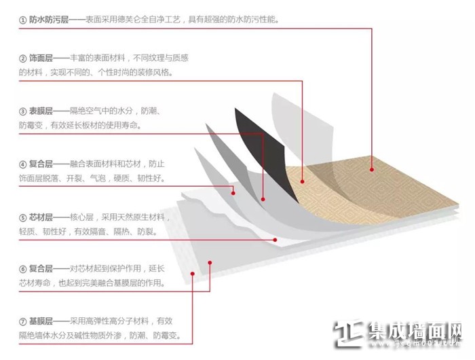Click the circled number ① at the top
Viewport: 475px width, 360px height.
[x=22, y=20]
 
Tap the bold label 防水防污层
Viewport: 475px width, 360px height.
[x=48, y=20]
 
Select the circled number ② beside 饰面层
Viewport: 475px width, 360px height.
[x=22, y=58]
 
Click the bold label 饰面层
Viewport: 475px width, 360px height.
[x=41, y=58]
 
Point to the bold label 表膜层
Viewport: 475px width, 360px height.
[x=41, y=111]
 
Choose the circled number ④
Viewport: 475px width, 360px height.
[x=22, y=164]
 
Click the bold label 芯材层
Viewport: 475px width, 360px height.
[x=41, y=217]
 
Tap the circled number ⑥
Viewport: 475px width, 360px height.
[x=22, y=269]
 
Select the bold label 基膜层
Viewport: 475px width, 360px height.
[x=41, y=321]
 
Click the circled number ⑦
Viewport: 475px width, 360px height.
[x=22, y=321]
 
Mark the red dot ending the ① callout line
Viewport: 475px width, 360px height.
[x=372, y=170]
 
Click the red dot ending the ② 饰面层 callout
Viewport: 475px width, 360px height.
[x=302, y=181]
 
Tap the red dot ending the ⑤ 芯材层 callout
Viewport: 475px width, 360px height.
[x=275, y=240]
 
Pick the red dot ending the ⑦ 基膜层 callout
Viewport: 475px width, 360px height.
[x=192, y=274]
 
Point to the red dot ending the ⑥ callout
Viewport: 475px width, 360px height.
[x=210, y=263]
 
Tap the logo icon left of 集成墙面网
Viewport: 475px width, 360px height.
[x=348, y=334]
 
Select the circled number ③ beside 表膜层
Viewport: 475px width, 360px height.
[x=22, y=111]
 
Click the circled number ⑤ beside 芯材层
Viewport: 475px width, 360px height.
[x=22, y=218]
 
